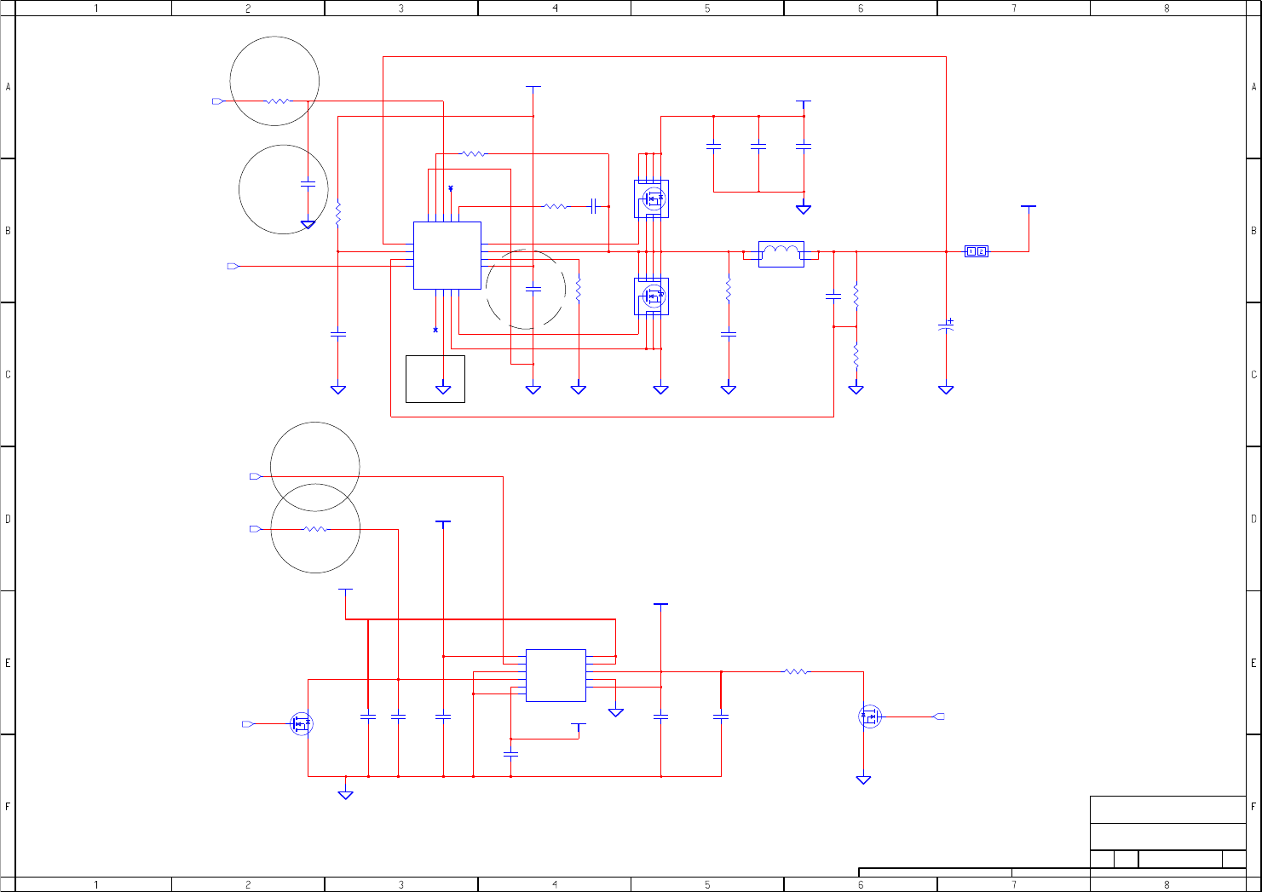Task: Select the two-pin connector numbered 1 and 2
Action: coord(976,251)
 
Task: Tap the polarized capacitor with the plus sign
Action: coord(946,326)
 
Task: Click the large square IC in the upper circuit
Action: coord(447,256)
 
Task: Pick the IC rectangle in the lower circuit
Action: coord(556,676)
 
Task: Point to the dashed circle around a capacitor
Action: coord(525,290)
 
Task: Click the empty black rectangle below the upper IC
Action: coord(435,379)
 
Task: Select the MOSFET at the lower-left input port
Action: coord(301,724)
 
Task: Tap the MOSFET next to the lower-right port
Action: coord(869,716)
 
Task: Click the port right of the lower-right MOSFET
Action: coord(939,716)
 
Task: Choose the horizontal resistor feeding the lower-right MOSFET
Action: coord(795,672)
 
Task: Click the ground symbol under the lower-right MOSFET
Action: coord(863,780)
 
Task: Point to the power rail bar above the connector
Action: coord(1029,206)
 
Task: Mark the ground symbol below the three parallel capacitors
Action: coord(803,209)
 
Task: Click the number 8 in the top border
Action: coord(1167,9)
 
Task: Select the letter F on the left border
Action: coord(8,806)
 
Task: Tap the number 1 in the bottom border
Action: coord(95,885)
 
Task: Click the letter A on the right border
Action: coord(1253,87)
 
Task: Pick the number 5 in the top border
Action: coord(707,9)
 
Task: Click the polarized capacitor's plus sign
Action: coord(950,321)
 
